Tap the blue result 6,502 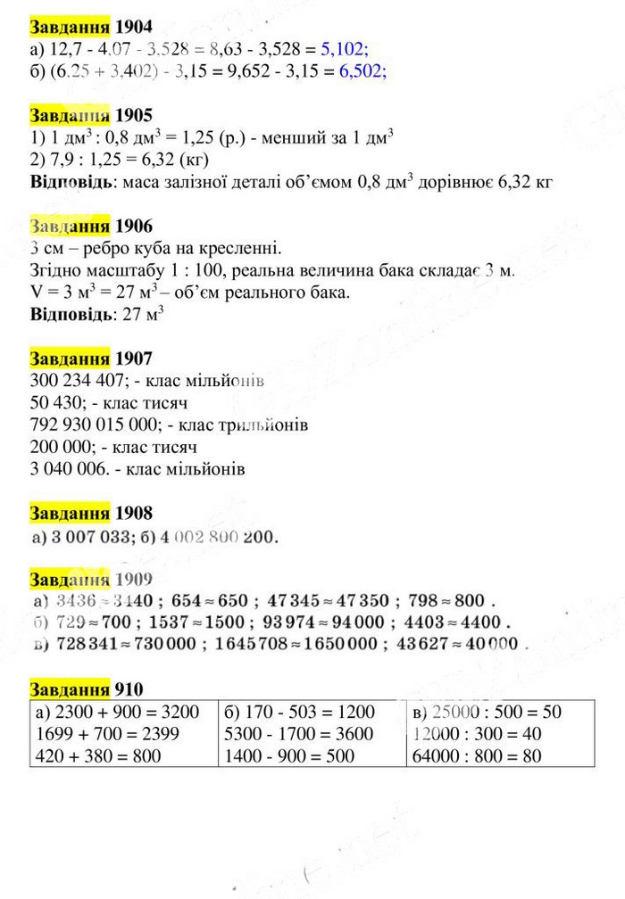[362, 73]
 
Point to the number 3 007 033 [87, 538]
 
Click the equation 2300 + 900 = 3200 [114, 712]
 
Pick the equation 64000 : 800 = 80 [477, 756]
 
